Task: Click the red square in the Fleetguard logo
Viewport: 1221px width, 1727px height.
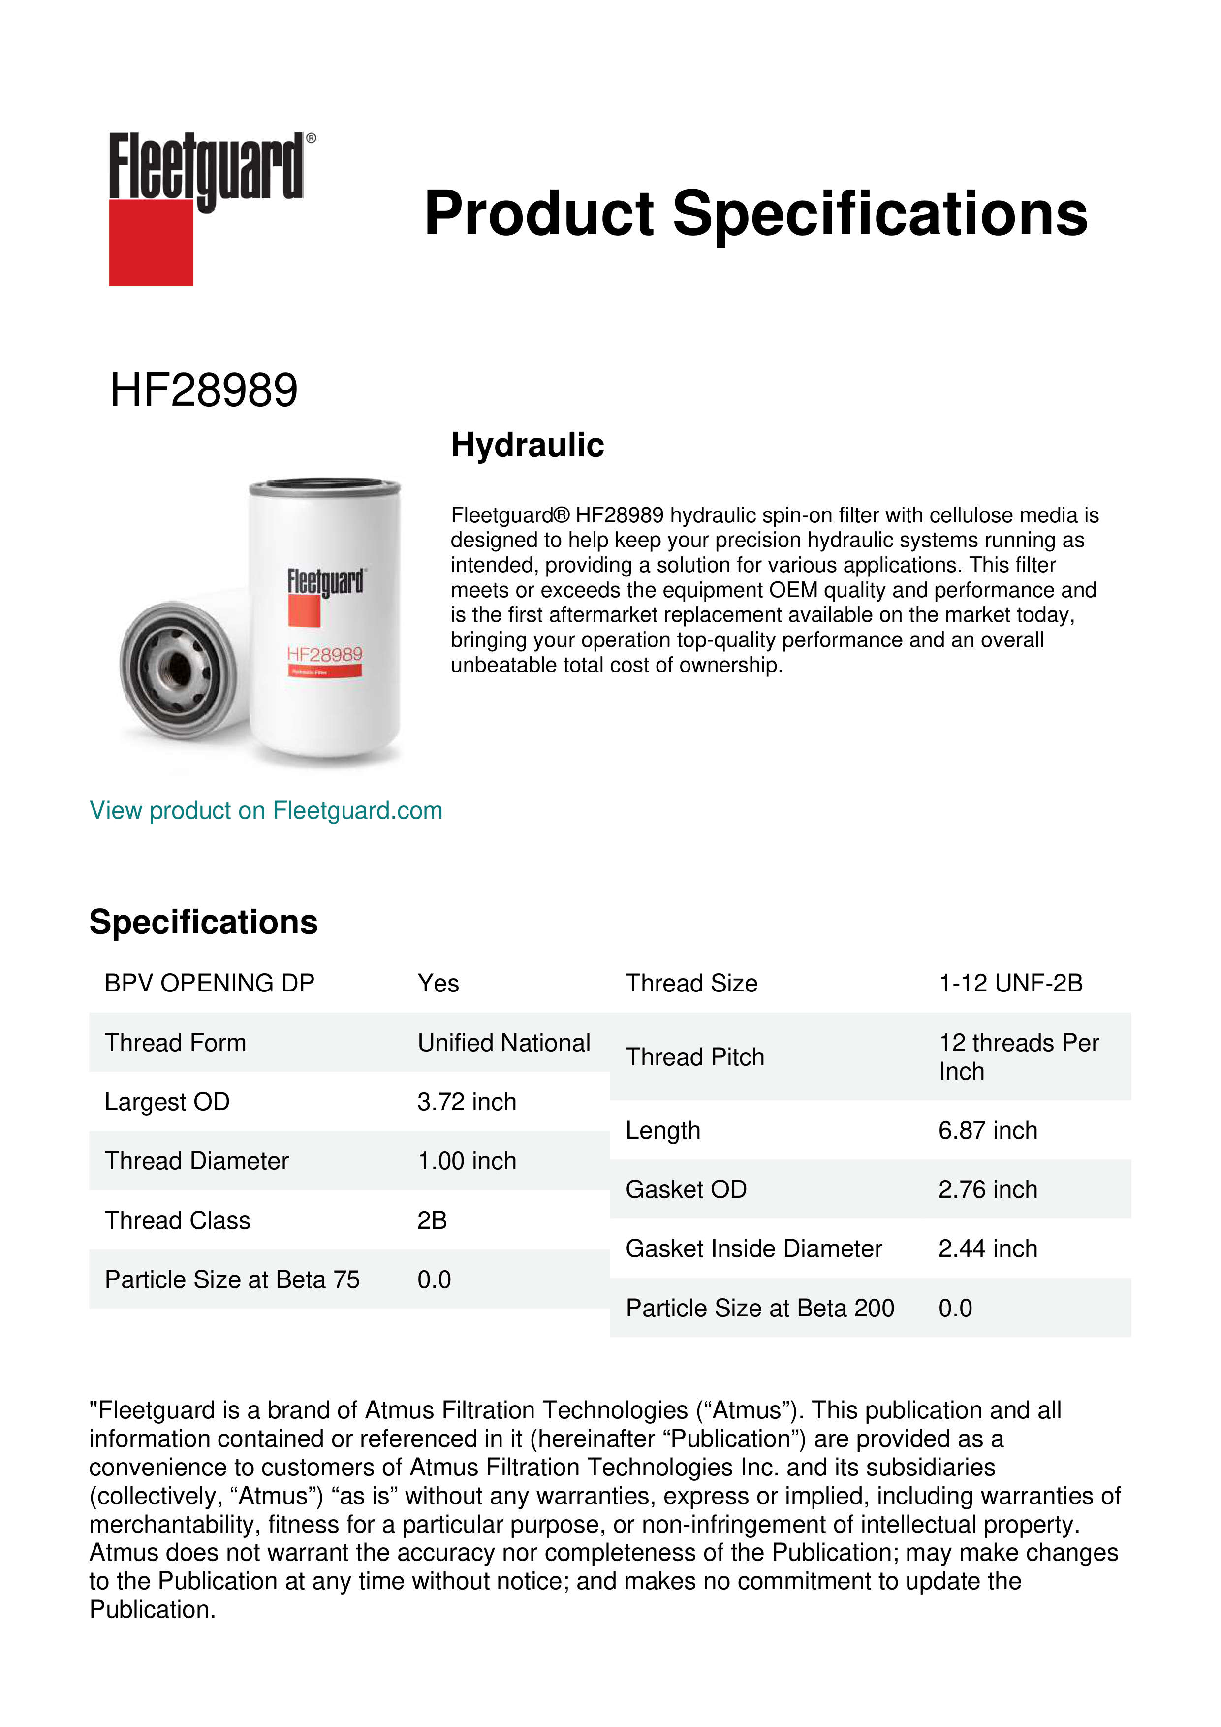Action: (x=151, y=242)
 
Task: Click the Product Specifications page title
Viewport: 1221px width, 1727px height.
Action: (x=755, y=214)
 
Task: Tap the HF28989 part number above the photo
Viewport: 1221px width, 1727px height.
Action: (x=204, y=390)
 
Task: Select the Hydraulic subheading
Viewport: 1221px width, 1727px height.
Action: (x=527, y=445)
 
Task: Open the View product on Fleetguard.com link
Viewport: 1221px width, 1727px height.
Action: (x=265, y=810)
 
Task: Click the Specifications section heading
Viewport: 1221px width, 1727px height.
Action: (x=203, y=922)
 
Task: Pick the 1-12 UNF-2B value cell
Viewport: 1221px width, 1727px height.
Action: (x=1010, y=983)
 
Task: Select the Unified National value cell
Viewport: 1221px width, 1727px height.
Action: (x=504, y=1043)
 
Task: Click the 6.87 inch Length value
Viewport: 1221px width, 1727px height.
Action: (x=987, y=1130)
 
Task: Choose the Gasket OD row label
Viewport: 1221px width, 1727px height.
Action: (x=686, y=1189)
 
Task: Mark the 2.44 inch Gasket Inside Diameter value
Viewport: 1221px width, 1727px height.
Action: (x=987, y=1248)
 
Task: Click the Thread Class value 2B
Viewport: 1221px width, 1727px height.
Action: (x=432, y=1220)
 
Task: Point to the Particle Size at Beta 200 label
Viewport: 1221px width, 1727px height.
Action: (x=759, y=1308)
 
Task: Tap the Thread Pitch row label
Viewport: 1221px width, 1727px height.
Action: (x=695, y=1057)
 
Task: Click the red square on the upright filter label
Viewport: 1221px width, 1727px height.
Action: (x=305, y=611)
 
